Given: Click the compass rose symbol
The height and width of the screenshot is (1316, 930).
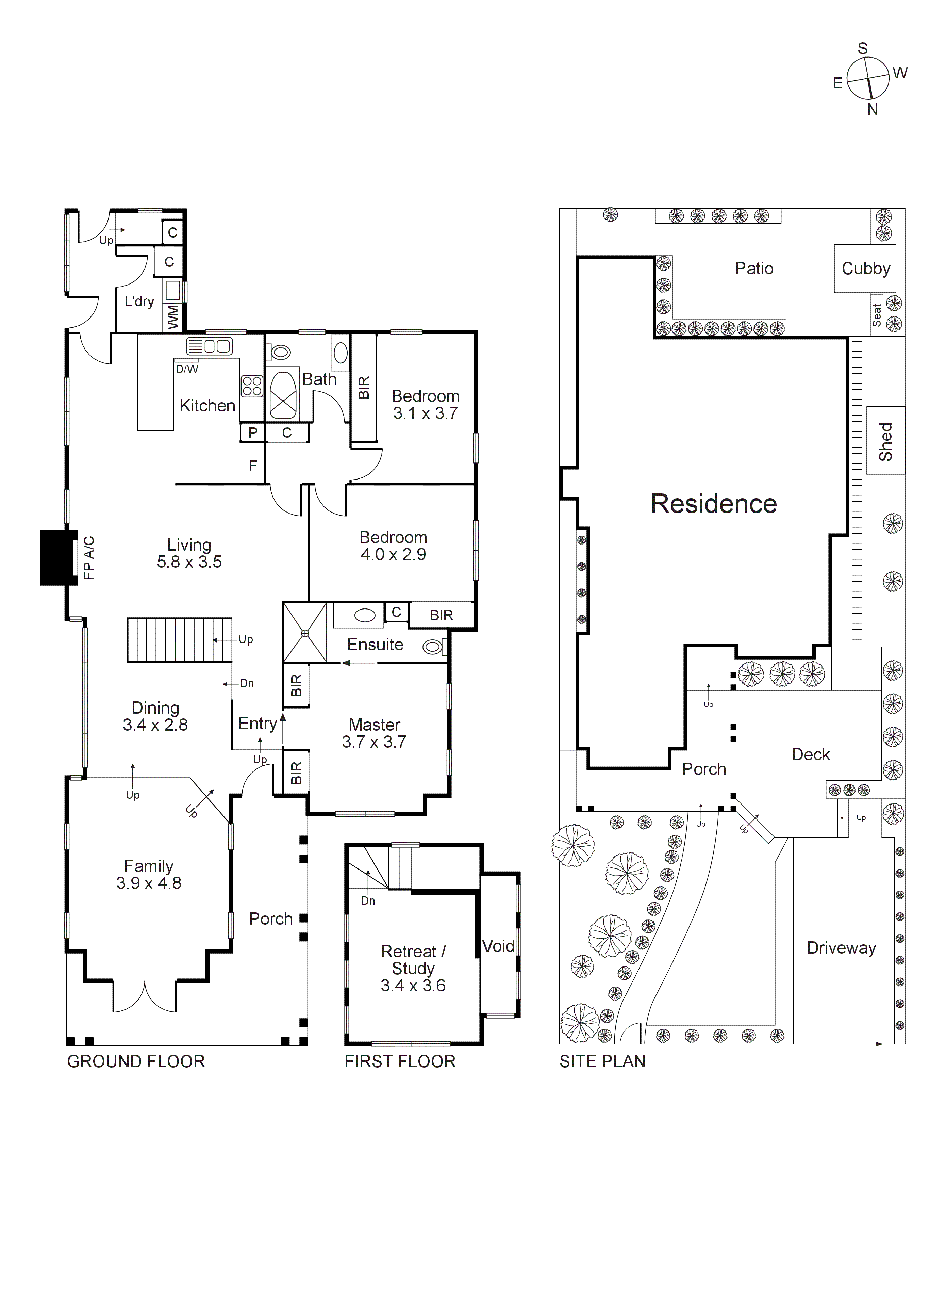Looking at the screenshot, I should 867,79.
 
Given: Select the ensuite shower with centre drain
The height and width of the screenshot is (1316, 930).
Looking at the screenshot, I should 305,632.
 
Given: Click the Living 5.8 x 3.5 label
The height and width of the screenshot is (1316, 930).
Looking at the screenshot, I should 189,553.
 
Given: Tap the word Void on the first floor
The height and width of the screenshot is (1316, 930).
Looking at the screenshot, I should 498,946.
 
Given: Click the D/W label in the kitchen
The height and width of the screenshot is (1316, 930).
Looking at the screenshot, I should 187,369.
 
